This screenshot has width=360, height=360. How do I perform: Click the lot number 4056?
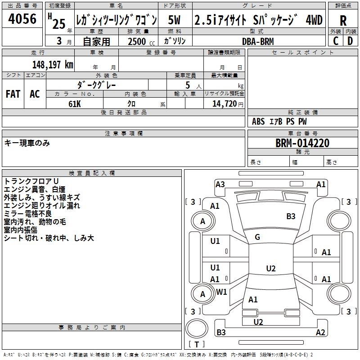click(x=22, y=19)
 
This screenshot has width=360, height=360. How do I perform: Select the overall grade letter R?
click(x=343, y=21)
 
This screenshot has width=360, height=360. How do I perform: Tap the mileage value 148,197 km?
click(x=53, y=64)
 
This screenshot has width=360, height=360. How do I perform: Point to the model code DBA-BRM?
click(x=258, y=41)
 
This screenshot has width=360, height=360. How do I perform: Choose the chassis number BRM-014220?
click(x=302, y=143)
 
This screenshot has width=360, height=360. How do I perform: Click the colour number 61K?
click(x=75, y=104)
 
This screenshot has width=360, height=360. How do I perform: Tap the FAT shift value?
click(x=13, y=94)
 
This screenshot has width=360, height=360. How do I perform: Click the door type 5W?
click(x=174, y=20)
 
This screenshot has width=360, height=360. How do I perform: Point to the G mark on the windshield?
click(x=257, y=237)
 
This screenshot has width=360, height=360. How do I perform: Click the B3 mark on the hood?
click(x=291, y=216)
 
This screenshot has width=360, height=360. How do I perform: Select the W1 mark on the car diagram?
click(x=221, y=292)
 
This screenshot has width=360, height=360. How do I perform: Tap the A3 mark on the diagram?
click(x=220, y=184)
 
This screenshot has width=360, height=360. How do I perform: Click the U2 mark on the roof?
click(x=271, y=268)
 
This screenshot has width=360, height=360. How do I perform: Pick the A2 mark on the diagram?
click(x=320, y=332)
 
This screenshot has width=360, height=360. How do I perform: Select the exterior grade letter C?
click(x=336, y=41)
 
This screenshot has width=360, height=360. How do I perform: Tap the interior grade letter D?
click(x=350, y=41)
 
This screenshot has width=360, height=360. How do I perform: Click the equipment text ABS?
click(x=258, y=121)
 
